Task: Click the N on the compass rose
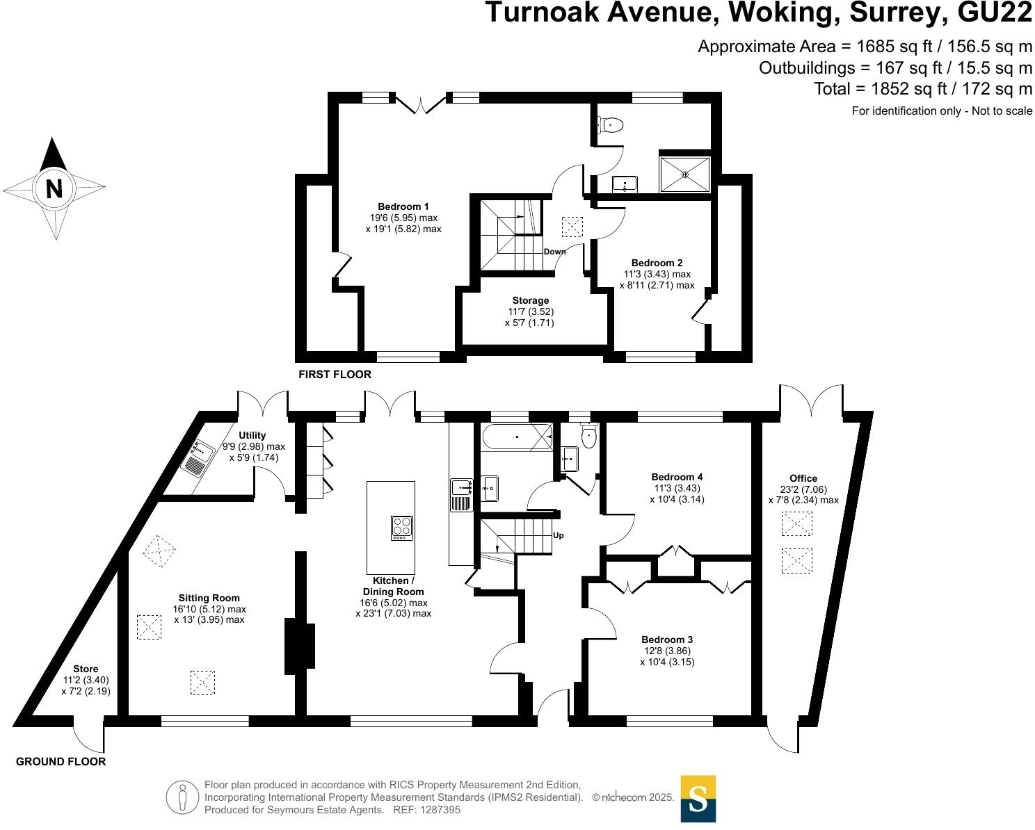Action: (x=54, y=188)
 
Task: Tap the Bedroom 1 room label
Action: (x=403, y=206)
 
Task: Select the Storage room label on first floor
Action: (x=530, y=300)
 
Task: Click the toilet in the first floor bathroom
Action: (x=610, y=125)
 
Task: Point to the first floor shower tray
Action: (x=685, y=174)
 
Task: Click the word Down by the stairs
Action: (x=554, y=252)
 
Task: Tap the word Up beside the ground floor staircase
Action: (x=558, y=536)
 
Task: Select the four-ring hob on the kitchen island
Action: (x=402, y=528)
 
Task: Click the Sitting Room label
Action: (x=209, y=598)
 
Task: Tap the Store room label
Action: (x=86, y=669)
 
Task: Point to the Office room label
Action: (x=803, y=478)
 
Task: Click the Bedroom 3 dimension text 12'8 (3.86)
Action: (x=666, y=651)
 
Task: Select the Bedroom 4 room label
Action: (x=677, y=477)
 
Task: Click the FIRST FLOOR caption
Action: (x=335, y=375)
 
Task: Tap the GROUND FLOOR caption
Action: (x=61, y=762)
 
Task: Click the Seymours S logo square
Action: (x=698, y=799)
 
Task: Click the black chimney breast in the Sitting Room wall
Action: (x=300, y=646)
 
